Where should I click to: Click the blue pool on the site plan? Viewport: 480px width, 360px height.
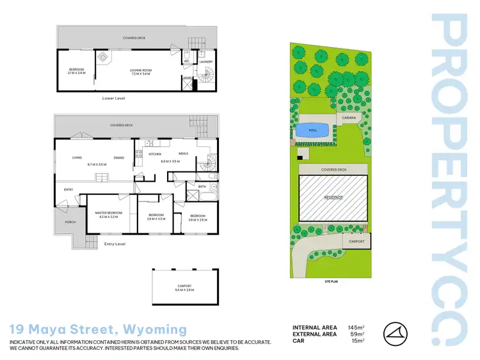[x=312, y=130]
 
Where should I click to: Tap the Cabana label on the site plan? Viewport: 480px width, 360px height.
[x=349, y=118]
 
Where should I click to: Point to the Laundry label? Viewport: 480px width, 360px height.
[x=206, y=62]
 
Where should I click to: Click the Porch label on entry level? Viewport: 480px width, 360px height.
[x=70, y=222]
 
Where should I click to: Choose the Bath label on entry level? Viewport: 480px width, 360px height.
[x=202, y=187]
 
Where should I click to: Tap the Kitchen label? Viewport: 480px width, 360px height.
[x=155, y=154]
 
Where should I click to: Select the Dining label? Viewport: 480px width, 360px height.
[x=119, y=158]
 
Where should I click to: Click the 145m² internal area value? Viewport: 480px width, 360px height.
[x=356, y=327]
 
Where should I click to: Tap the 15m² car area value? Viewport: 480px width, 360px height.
[x=358, y=341]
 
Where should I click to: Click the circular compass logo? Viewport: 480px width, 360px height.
[x=397, y=334]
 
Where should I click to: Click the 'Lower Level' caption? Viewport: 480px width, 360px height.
[x=113, y=99]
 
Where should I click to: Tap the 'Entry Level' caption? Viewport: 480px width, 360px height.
[x=113, y=244]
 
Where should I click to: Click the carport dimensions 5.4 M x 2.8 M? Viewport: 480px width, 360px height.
[x=184, y=290]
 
